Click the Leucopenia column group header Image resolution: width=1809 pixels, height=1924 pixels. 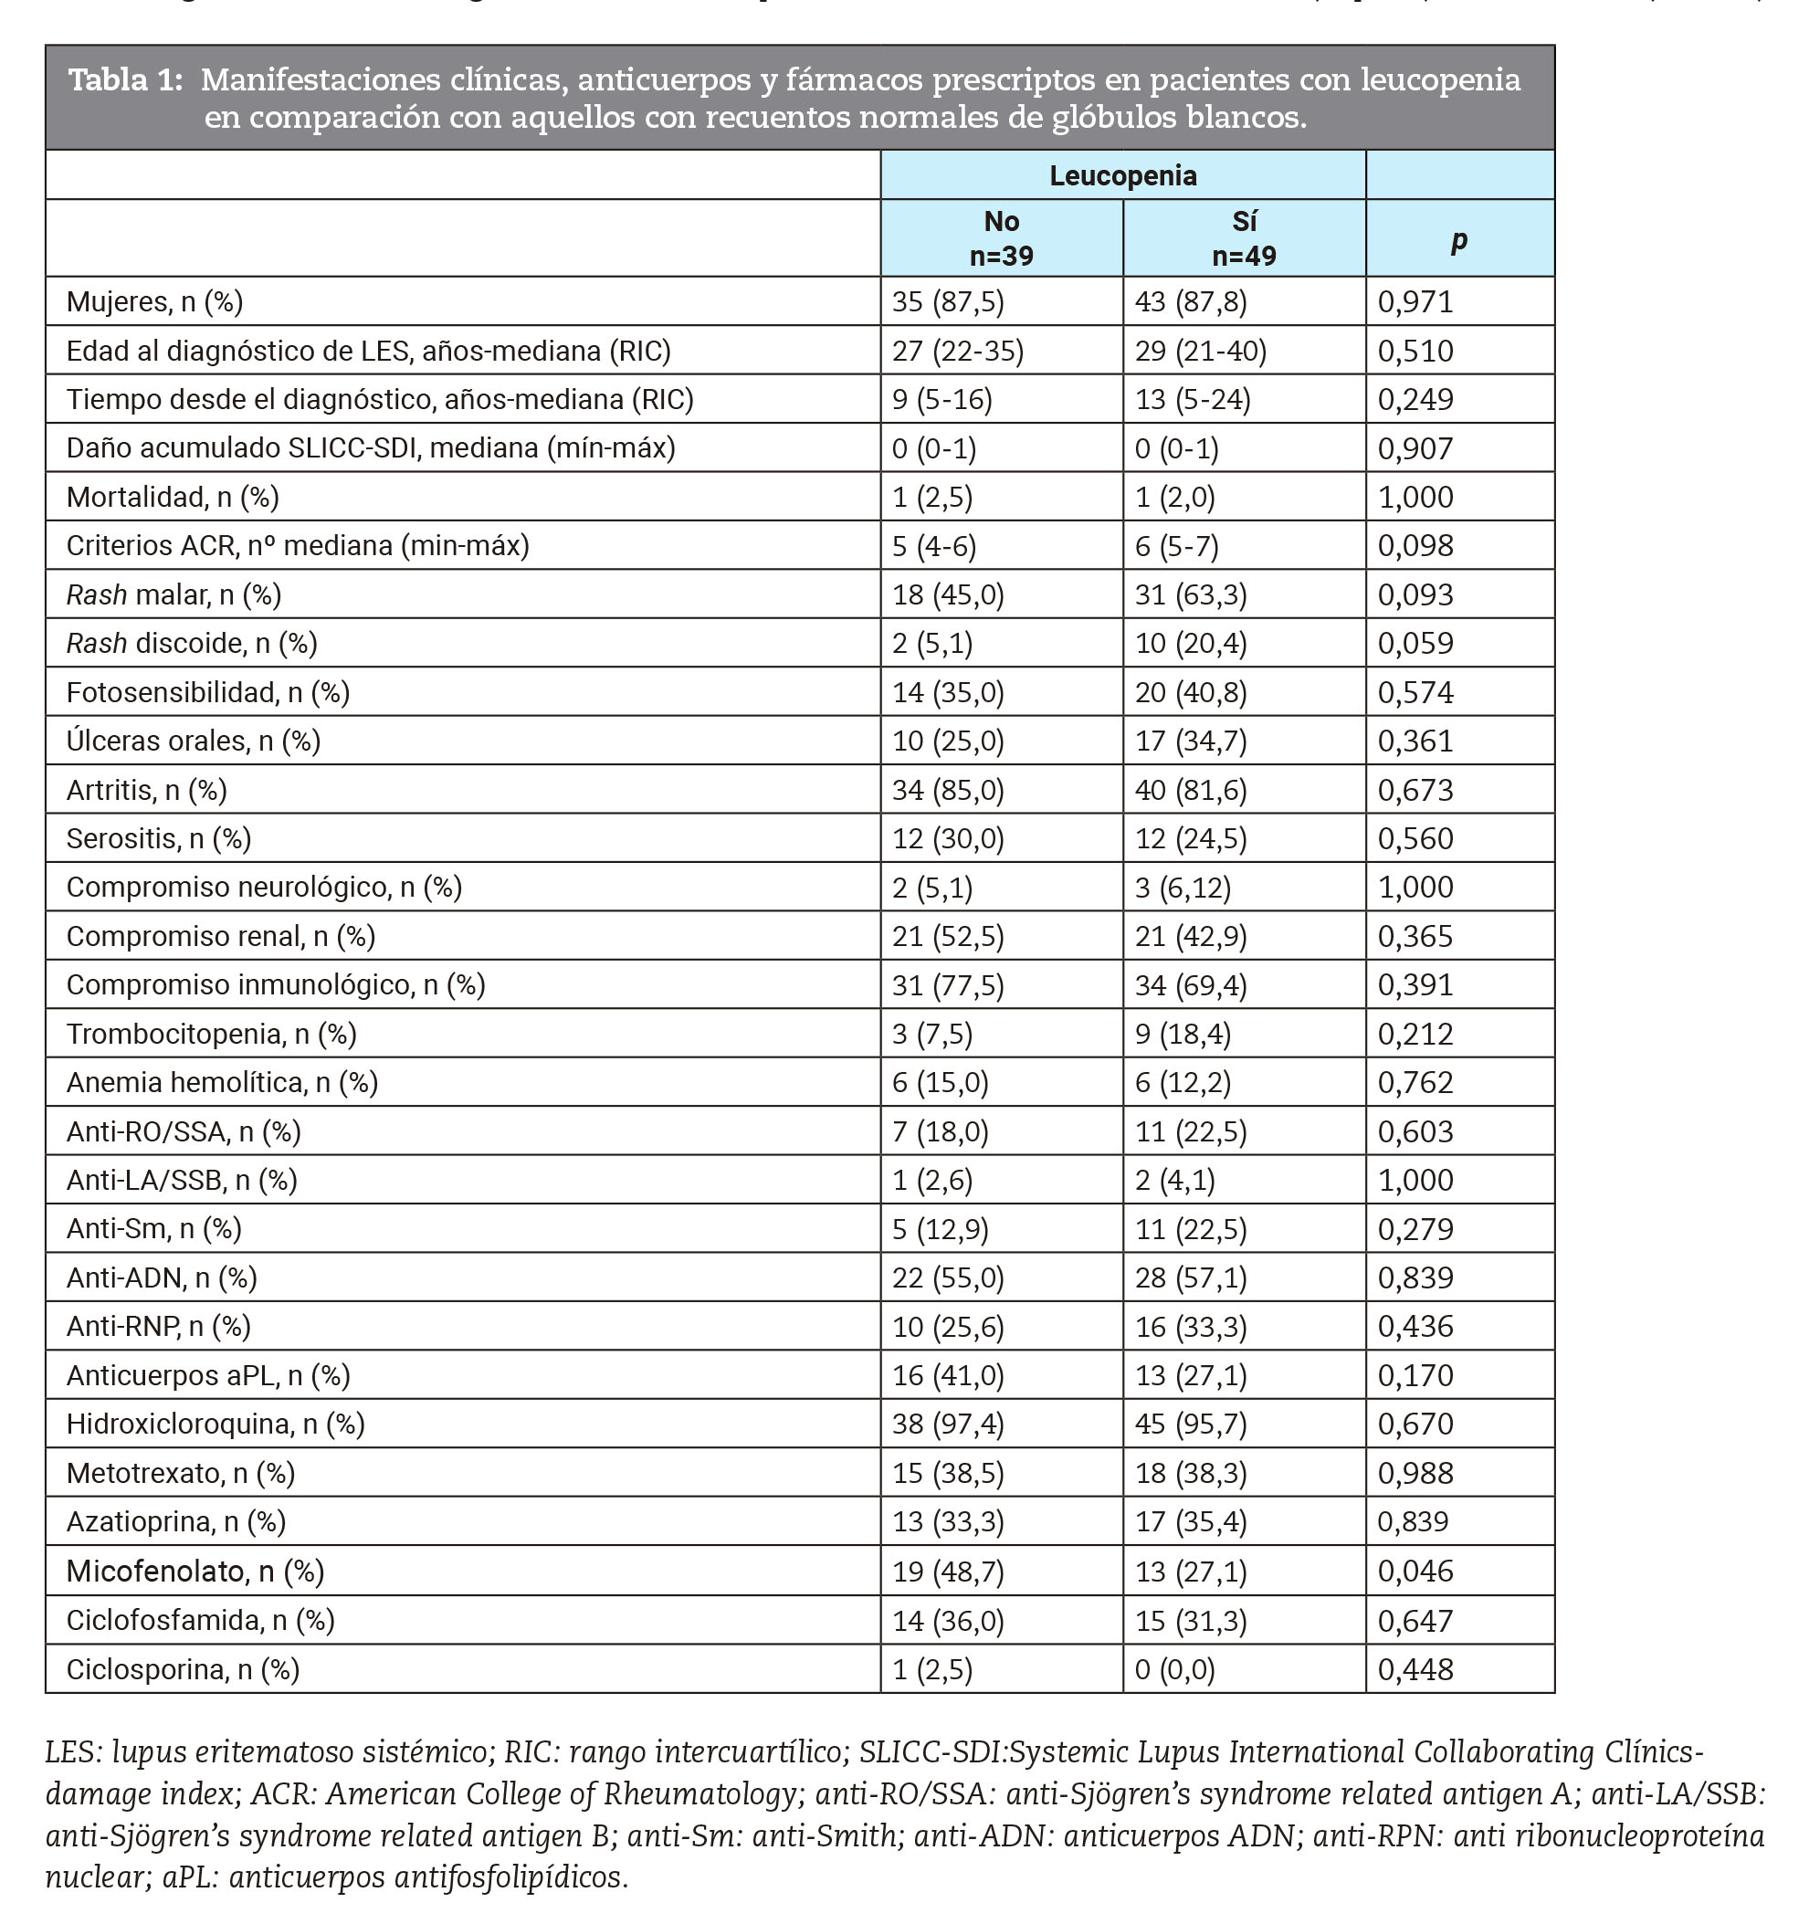click(1123, 175)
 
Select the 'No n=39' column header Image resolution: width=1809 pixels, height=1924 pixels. click(1001, 238)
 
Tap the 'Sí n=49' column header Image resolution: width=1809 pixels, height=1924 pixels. click(1244, 238)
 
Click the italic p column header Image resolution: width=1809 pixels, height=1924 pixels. click(1458, 239)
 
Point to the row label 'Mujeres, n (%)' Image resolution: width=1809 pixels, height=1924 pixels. click(155, 302)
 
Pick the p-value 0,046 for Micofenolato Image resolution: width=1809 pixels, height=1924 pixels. click(1415, 1570)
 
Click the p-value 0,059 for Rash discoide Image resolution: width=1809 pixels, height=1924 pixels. click(1415, 644)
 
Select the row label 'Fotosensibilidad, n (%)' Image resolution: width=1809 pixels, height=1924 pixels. click(208, 692)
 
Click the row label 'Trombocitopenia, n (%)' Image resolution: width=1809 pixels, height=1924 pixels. click(211, 1034)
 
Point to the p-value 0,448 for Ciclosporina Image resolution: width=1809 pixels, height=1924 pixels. click(1415, 1668)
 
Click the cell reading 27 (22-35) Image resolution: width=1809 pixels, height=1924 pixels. click(957, 351)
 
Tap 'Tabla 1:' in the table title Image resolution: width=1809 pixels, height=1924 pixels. click(125, 79)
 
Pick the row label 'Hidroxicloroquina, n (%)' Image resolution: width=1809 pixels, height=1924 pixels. click(215, 1424)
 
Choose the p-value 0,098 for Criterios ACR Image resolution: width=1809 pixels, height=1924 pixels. click(1415, 546)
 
